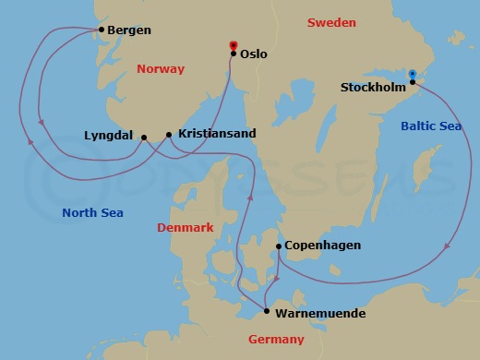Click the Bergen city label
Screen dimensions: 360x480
[x=128, y=30]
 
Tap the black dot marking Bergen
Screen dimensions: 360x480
[x=101, y=30]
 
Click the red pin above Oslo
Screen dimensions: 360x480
[x=232, y=45]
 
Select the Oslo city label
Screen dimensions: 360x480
[x=253, y=54]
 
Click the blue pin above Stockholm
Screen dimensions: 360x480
[x=413, y=75]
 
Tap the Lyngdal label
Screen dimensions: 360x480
[x=109, y=134]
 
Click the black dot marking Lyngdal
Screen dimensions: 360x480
[x=144, y=138]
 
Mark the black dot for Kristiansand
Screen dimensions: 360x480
[x=169, y=135]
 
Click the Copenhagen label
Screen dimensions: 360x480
[x=322, y=246]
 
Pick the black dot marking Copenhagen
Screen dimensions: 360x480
[x=279, y=246]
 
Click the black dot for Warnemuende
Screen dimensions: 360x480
[x=266, y=312]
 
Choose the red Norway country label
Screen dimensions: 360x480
[x=161, y=69]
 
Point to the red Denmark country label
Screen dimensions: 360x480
[x=185, y=227]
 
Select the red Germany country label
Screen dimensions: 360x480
[x=276, y=340]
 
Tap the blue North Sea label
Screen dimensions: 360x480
[x=92, y=213]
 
